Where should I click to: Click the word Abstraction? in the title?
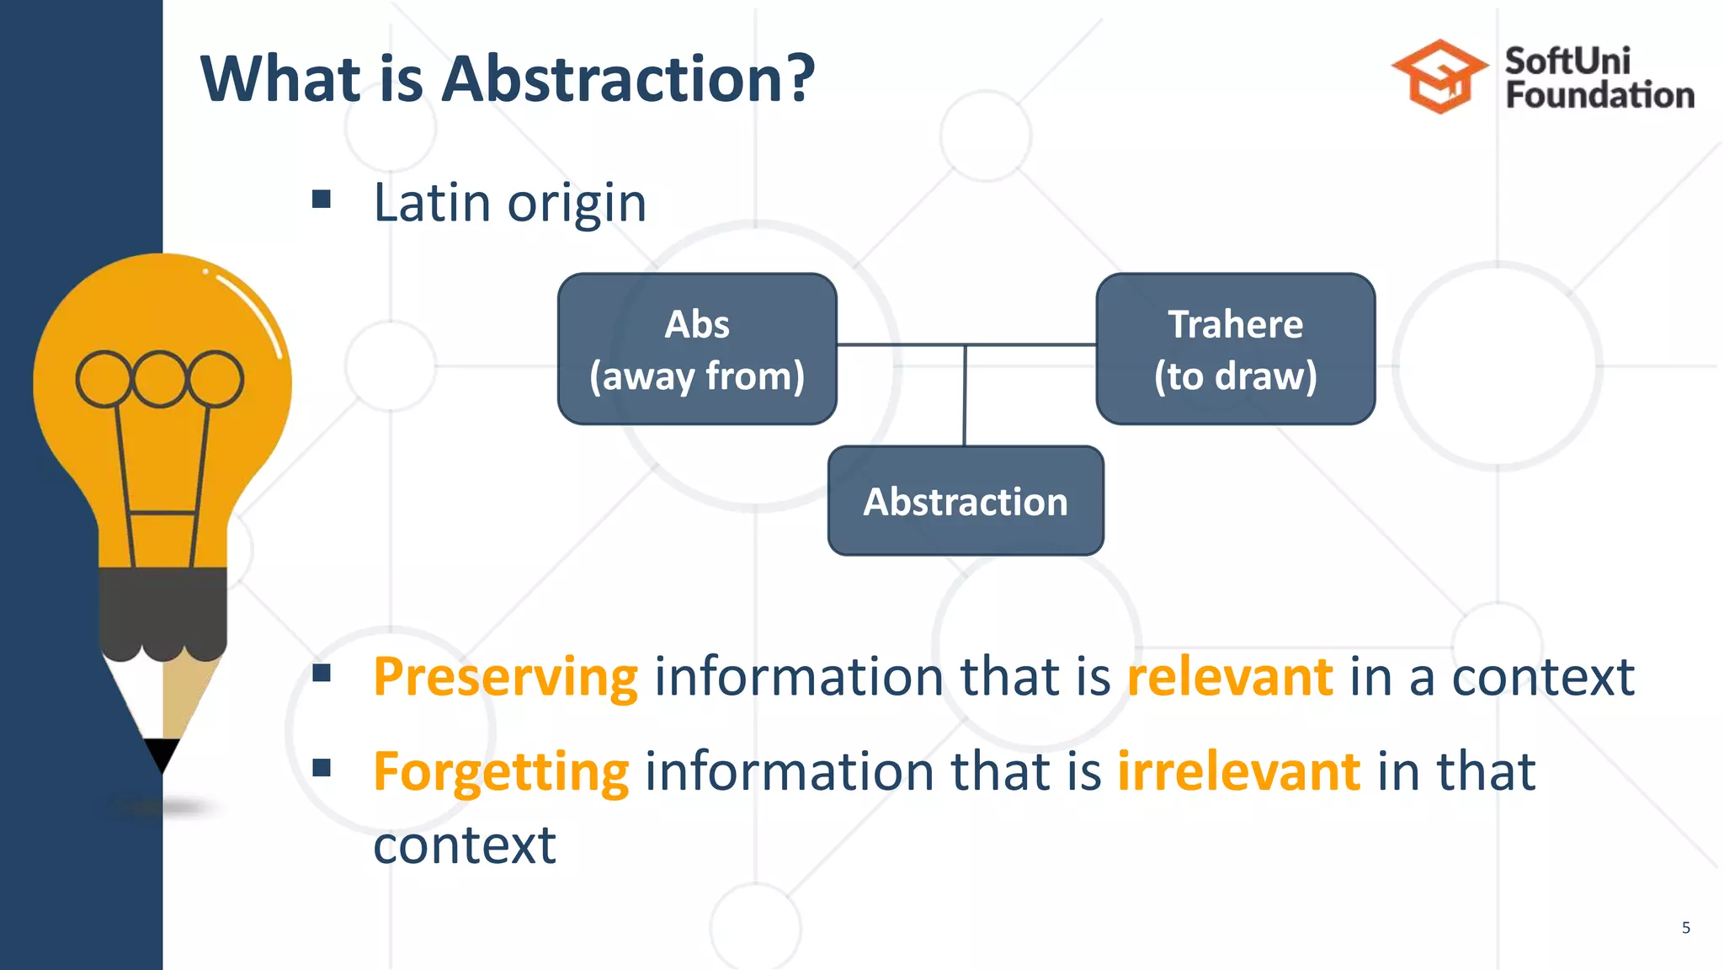628,78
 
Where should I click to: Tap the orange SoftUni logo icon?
1439,77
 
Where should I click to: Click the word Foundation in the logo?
1599,95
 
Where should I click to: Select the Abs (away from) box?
697,349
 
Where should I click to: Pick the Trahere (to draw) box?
1235,349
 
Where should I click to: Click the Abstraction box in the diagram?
966,501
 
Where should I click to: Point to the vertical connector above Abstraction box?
965,396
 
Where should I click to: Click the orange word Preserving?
505,677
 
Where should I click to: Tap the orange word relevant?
1230,677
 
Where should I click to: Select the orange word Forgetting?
501,772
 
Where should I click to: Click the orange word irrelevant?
1238,771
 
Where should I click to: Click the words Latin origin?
509,203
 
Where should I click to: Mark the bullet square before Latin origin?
321,200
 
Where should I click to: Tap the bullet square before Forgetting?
321,768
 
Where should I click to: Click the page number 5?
1685,928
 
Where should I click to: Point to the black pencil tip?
162,754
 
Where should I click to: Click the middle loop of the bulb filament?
160,379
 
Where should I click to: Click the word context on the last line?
464,845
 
